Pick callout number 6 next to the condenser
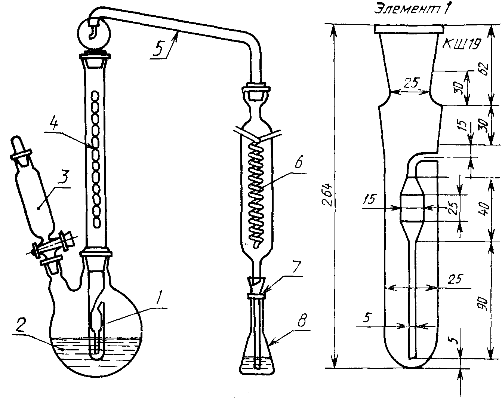[298, 161]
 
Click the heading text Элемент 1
[412, 9]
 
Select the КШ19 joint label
[461, 44]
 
